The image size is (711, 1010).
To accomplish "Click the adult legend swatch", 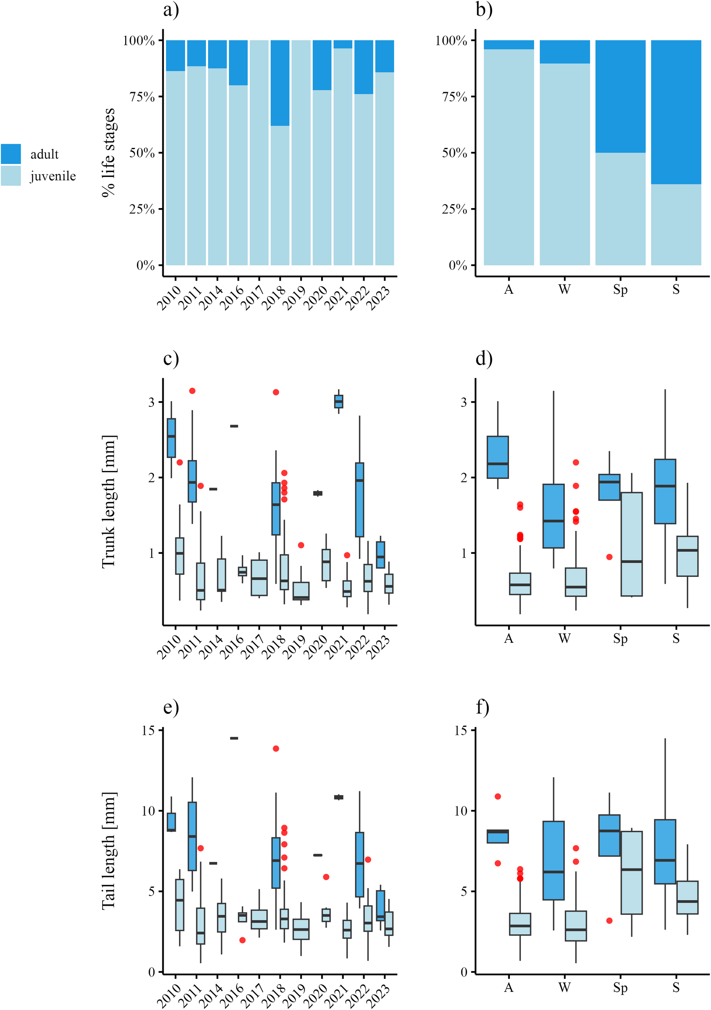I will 11,154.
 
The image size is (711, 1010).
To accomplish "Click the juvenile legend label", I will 53,176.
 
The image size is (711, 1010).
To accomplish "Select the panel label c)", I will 171,358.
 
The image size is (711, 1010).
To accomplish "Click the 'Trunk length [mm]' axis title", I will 108,501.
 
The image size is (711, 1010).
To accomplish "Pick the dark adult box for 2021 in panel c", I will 339,401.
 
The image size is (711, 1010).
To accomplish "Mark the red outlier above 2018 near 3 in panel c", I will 276,392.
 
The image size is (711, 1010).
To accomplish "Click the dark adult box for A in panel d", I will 498,457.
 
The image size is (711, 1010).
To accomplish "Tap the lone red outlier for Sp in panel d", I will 609,557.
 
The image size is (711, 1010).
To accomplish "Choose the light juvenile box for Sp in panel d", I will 631,544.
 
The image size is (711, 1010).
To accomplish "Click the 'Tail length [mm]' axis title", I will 108,851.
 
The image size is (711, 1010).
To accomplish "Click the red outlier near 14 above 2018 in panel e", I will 276,748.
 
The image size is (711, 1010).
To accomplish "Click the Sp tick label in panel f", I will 621,987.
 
